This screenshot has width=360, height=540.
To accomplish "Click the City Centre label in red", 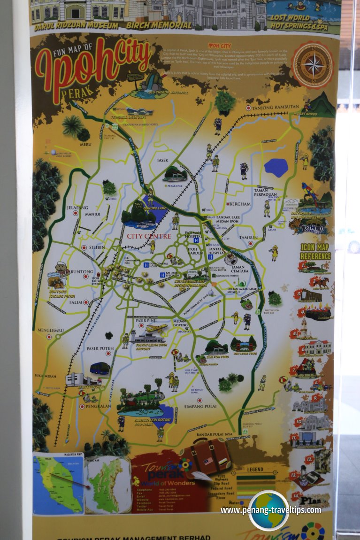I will pos(149,236).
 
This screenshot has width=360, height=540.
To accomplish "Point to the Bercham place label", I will pos(241,204).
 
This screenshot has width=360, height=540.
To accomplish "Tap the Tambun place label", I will pos(248,238).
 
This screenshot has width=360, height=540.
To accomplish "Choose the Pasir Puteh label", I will pos(100,348).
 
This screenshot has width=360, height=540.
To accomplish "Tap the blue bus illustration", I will pos(100,368).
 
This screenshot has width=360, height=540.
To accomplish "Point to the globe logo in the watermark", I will pos(268,510).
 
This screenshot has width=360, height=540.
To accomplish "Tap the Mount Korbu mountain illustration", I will pos(322,105).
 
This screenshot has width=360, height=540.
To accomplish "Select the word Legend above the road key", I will pos(255,469).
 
